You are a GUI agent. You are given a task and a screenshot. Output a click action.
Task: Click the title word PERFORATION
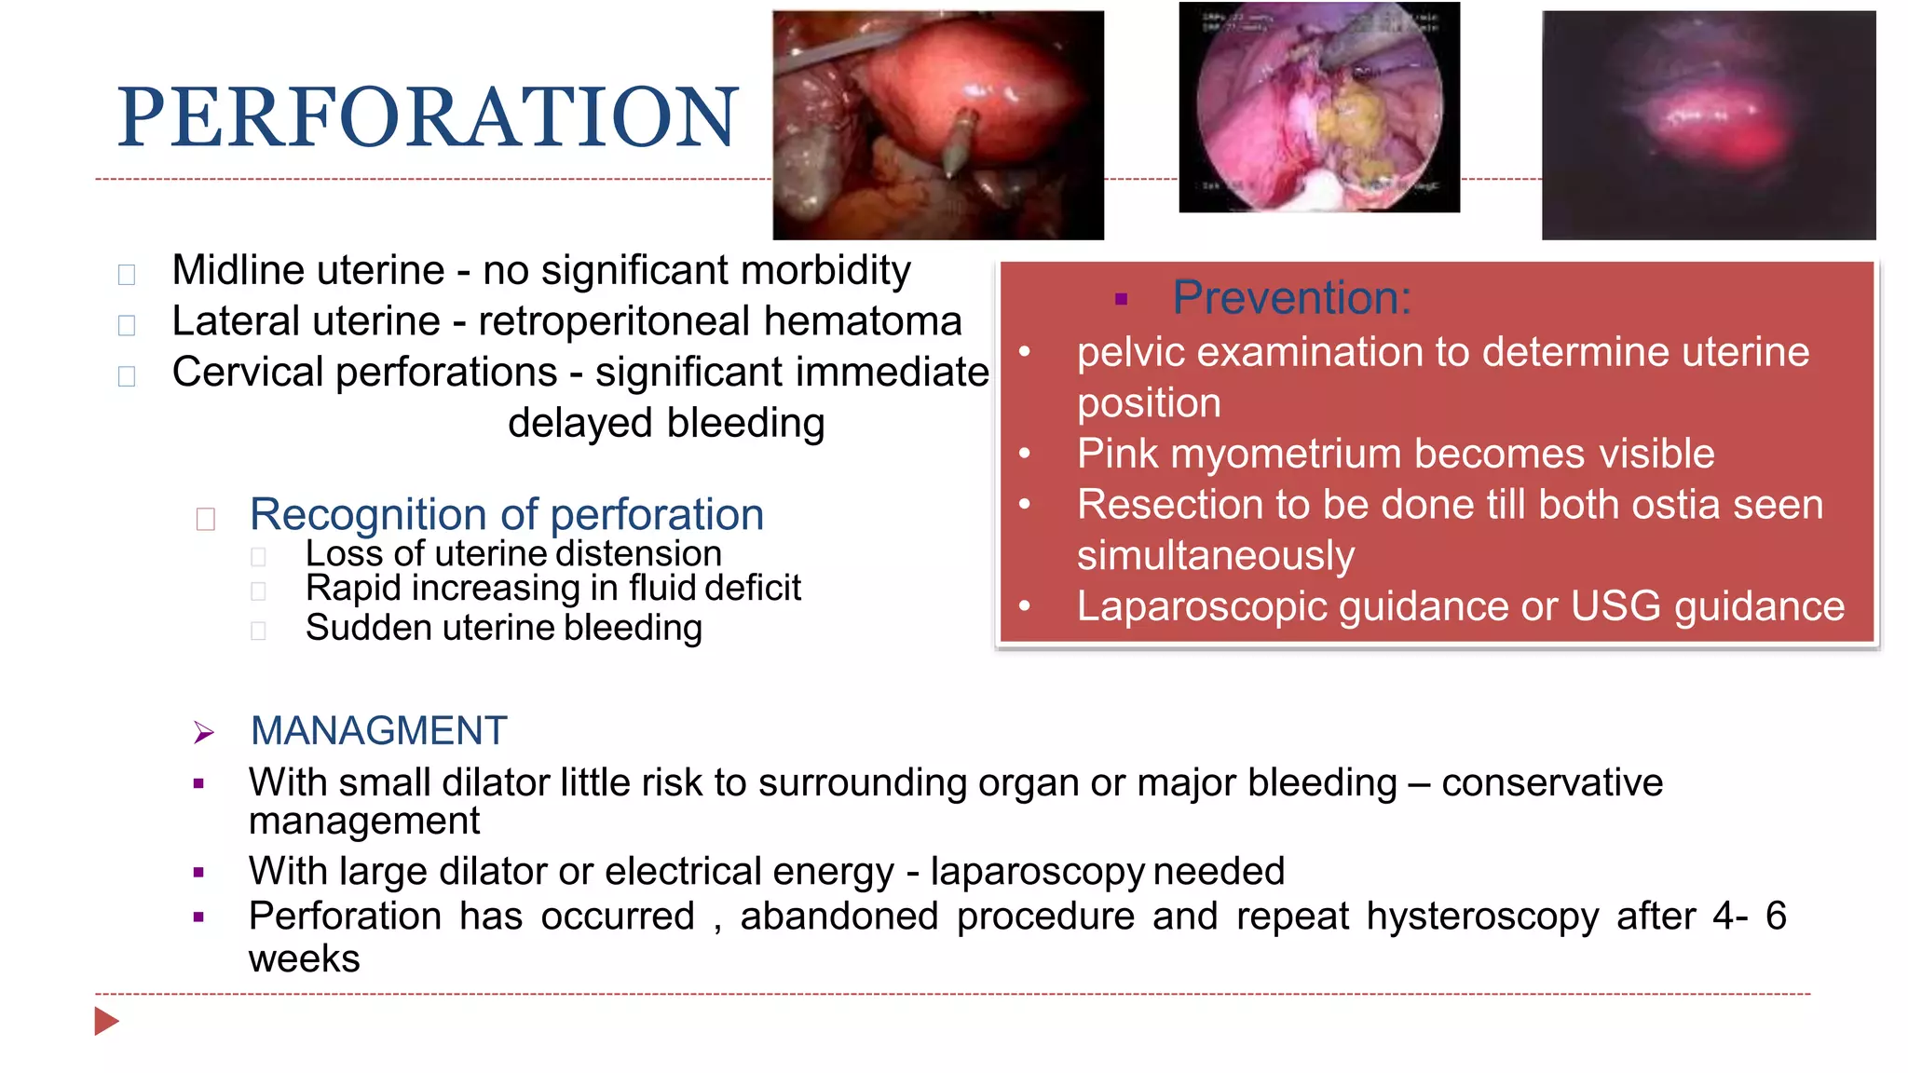428,117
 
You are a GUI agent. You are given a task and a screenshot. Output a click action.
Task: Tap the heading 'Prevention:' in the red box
1291,298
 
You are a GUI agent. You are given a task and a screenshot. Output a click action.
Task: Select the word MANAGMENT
378,731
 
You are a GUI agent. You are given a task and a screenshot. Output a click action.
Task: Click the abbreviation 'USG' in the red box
1615,606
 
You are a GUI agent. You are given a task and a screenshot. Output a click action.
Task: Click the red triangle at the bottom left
106,1021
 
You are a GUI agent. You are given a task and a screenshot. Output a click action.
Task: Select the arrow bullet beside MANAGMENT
204,733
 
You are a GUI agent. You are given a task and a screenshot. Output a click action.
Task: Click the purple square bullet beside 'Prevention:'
1121,300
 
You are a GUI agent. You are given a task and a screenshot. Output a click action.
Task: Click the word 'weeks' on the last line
304,959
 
